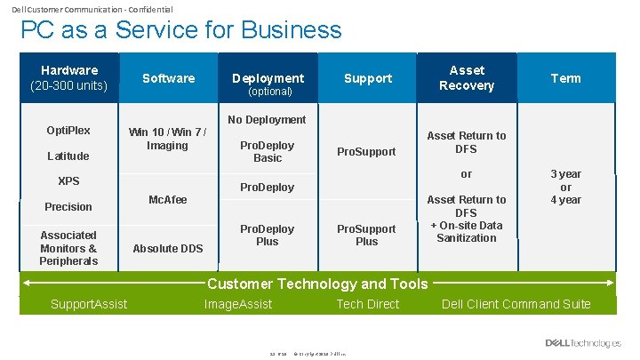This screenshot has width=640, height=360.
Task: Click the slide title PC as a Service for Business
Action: pos(180,29)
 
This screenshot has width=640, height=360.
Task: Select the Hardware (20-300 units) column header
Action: pos(68,78)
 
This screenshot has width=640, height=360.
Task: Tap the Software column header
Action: pos(168,78)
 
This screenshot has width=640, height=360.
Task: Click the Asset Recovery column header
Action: pos(467,78)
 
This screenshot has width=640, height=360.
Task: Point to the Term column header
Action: pos(565,78)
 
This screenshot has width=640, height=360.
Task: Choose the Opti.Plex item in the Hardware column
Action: pos(68,131)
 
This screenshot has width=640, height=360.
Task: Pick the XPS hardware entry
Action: pos(68,181)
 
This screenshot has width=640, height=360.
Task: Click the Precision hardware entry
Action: pos(68,207)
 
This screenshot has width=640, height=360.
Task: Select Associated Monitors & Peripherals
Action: pos(68,248)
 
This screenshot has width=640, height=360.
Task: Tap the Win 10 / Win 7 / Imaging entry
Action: pos(168,140)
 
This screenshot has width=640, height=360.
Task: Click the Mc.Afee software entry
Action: pos(168,200)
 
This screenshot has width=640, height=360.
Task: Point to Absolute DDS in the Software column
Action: pos(168,249)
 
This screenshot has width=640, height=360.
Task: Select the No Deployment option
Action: pos(267,120)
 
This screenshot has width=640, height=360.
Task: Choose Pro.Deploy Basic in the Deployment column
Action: pos(267,152)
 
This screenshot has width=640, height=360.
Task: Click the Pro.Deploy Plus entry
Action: pos(267,235)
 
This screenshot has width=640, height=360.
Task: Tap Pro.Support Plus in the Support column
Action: pos(367,235)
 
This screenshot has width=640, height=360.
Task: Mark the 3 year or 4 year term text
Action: pos(565,187)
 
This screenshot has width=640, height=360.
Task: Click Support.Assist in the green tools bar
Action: pos(89,305)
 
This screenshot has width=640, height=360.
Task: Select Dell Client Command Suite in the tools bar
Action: pos(516,305)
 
